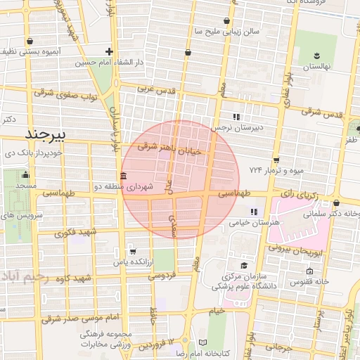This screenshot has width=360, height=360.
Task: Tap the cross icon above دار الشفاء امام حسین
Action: click(x=109, y=51)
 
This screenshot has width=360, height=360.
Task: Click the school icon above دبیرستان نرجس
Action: click(x=236, y=117)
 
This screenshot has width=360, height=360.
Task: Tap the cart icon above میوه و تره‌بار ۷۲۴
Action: click(x=276, y=160)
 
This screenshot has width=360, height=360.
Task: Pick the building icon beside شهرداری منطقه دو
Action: click(x=124, y=175)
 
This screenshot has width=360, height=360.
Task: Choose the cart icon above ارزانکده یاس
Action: click(x=133, y=251)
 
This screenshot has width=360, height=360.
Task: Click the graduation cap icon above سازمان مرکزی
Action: click(x=244, y=265)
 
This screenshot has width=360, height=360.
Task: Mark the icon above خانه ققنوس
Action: click(x=309, y=271)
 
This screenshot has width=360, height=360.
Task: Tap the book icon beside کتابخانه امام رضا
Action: click(x=203, y=341)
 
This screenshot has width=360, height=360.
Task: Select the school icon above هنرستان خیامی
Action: click(x=254, y=211)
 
